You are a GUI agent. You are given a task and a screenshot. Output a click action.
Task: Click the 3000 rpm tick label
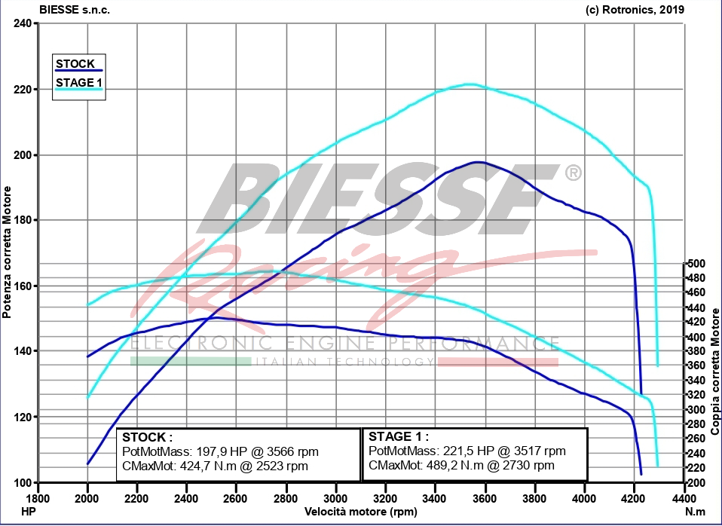[335, 498]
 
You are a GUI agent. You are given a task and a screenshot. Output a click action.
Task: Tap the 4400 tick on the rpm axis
[683, 498]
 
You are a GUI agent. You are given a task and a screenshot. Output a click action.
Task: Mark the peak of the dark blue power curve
[477, 162]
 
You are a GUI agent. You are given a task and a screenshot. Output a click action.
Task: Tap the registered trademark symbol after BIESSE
[573, 173]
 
